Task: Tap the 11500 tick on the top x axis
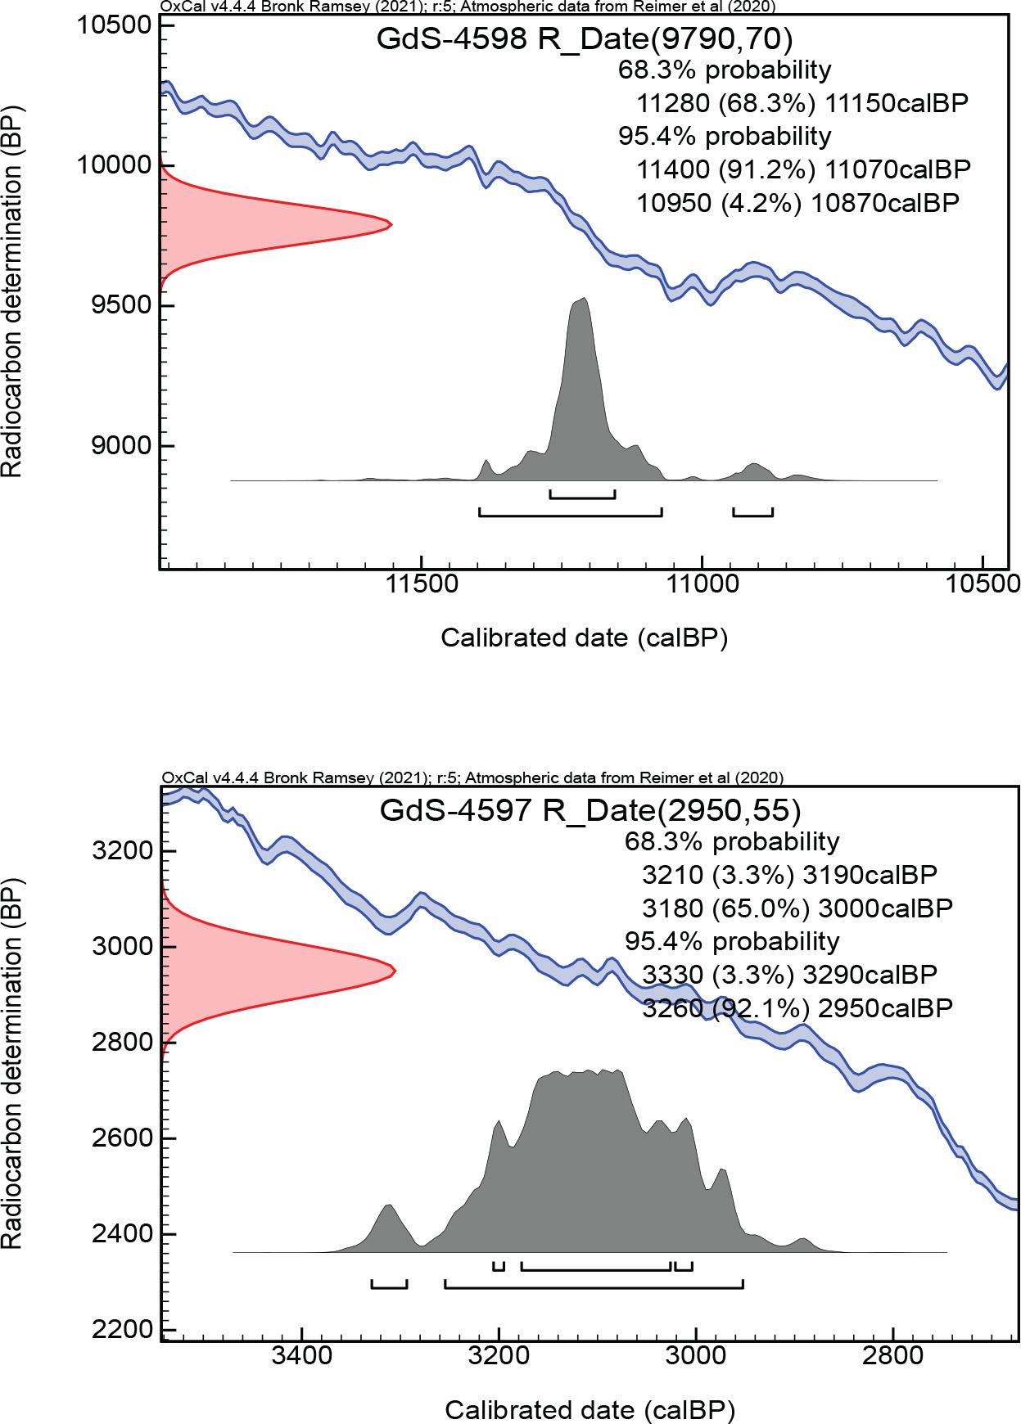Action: [x=421, y=567]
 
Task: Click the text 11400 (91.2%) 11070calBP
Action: [x=803, y=169]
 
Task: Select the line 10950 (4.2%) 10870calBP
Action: [x=797, y=203]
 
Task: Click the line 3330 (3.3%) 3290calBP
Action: [x=789, y=975]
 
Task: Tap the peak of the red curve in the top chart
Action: [x=390, y=224]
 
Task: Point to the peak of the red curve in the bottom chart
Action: [x=394, y=971]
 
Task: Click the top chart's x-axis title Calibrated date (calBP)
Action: [x=584, y=638]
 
